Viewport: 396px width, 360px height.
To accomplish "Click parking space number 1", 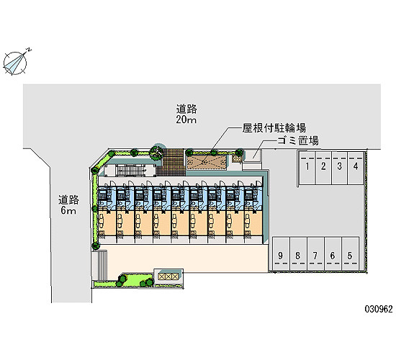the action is click(307, 168).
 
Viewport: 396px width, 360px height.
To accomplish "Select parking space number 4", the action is click(356, 168).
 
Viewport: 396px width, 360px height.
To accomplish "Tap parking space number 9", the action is click(281, 253).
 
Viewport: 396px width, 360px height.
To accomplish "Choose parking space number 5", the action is click(351, 253).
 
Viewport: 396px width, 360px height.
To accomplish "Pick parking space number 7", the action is click(315, 253).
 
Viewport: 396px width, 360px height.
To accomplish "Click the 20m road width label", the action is click(186, 120).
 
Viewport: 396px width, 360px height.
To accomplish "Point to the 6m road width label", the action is click(68, 210).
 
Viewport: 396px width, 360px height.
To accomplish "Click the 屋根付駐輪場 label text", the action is click(274, 128).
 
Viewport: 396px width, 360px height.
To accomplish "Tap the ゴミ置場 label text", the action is click(298, 140).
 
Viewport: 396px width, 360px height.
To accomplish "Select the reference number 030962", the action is click(379, 309).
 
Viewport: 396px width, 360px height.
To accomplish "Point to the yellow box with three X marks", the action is click(168, 276).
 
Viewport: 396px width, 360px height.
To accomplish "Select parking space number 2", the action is click(323, 168).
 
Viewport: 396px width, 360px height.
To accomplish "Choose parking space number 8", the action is click(298, 253).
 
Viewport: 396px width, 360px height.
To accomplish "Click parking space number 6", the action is click(333, 253).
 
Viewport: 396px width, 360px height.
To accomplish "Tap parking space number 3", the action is click(339, 168).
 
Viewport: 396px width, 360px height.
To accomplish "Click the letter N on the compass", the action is click(30, 49).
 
